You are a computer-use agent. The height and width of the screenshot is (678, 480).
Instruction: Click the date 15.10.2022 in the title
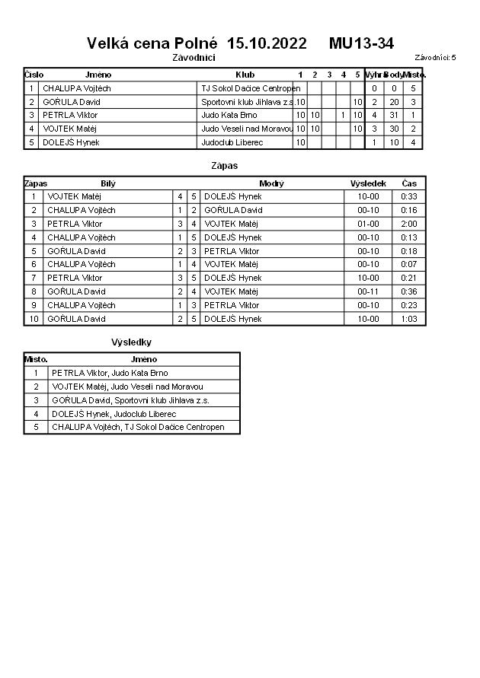coord(267,43)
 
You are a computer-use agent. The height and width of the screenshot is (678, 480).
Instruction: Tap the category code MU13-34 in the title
coord(361,43)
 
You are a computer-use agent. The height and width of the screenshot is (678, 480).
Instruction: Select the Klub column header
coord(245,75)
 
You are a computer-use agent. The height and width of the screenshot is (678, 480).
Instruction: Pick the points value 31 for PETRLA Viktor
coord(394,115)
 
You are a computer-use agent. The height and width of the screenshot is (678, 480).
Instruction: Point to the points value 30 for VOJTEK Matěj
coord(394,129)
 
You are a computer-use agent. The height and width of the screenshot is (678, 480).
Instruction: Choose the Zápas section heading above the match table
coord(225,165)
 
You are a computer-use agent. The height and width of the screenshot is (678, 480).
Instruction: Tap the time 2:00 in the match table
coord(408,224)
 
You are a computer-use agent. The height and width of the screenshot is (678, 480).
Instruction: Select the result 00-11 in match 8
coord(368,291)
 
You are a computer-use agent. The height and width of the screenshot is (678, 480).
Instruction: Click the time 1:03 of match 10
coord(408,319)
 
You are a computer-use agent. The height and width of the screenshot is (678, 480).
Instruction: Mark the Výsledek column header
coord(368,183)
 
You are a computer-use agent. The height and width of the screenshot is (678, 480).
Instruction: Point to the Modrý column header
coord(271,183)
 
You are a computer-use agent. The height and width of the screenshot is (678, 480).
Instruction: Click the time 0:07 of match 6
coord(408,264)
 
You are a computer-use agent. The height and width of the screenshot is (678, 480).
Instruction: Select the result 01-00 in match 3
coord(368,224)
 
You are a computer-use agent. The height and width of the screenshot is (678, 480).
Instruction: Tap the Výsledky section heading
coord(131,342)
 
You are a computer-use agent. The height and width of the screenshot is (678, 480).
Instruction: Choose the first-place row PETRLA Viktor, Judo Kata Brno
coord(110,373)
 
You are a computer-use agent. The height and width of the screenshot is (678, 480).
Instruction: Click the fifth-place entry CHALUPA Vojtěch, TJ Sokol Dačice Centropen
coord(138,427)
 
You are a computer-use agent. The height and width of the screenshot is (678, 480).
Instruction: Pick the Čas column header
coord(408,183)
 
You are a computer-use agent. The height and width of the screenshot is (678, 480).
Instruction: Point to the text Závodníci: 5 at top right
coord(435,57)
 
